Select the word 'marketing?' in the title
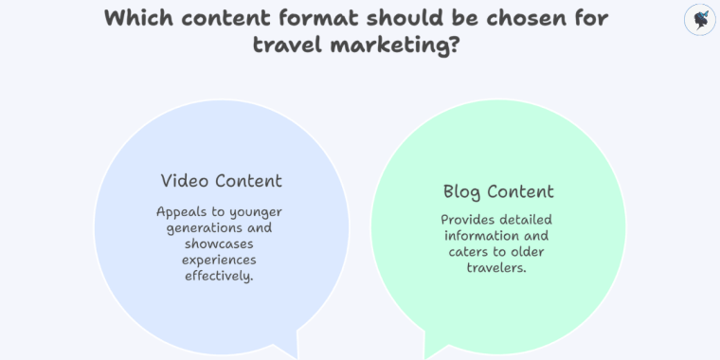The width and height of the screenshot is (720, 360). tap(399, 44)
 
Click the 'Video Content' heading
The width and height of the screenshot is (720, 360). tap(222, 180)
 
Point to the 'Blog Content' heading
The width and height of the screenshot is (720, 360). tap(498, 191)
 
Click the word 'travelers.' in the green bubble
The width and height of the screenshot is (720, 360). tap(498, 267)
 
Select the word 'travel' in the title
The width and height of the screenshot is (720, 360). tap(285, 44)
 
